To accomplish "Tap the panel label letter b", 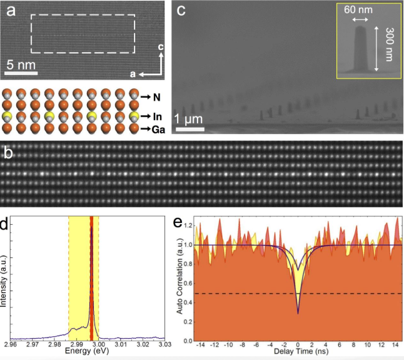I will tap(8, 152).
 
